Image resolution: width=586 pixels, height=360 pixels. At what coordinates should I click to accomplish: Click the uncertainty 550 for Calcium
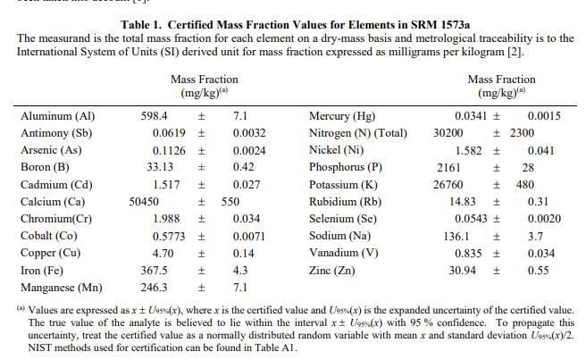pyautogui.click(x=231, y=201)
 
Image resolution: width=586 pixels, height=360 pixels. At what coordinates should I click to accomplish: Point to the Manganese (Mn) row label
pyautogui.click(x=61, y=287)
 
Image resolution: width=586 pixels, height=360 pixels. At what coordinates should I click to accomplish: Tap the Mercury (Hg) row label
pyautogui.click(x=342, y=116)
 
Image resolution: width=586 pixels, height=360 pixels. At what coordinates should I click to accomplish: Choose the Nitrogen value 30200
pyautogui.click(x=448, y=133)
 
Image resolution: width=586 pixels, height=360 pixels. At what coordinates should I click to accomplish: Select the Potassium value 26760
pyautogui.click(x=448, y=184)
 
